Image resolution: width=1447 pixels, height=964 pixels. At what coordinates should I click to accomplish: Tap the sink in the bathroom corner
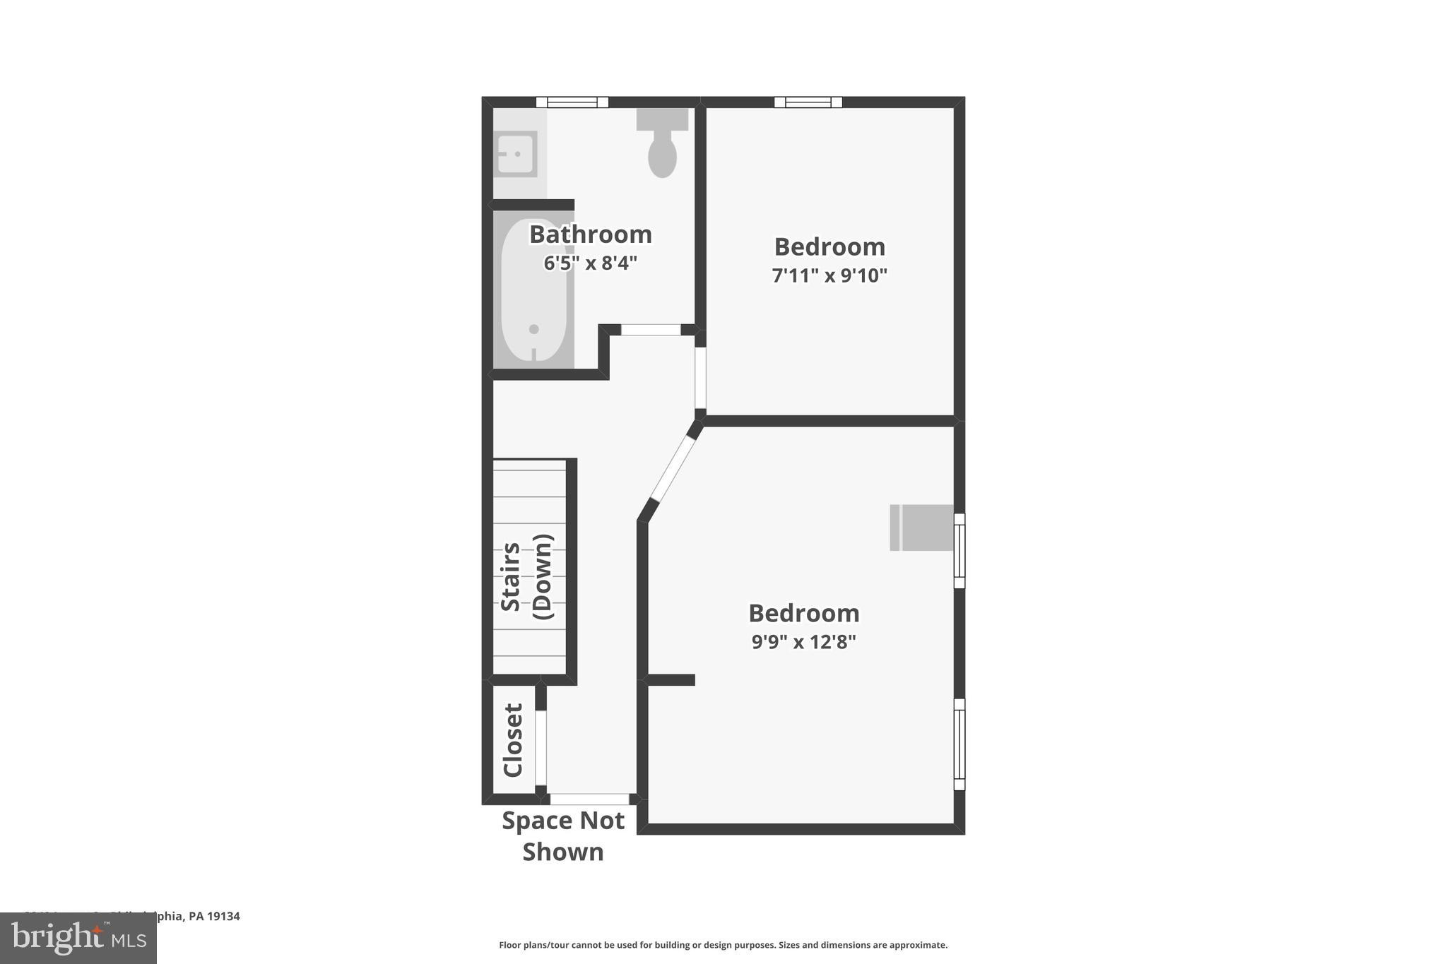tap(515, 154)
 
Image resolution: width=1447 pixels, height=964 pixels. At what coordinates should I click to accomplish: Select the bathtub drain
tap(534, 329)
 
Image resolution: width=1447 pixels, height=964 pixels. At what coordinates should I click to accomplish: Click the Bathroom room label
tap(591, 234)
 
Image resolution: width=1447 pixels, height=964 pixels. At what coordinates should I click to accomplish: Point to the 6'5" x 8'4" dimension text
tap(591, 263)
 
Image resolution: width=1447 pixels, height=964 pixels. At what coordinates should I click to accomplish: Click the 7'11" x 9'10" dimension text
tap(829, 275)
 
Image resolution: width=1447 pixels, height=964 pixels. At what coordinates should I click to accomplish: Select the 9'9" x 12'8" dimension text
tap(804, 642)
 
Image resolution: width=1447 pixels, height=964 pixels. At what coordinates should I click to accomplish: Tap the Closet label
tap(513, 739)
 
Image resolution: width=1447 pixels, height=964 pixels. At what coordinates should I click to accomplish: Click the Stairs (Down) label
tap(526, 577)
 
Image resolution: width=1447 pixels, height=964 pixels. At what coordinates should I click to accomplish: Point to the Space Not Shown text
tap(563, 836)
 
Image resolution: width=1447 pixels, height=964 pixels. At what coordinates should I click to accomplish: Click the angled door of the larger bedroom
tap(673, 469)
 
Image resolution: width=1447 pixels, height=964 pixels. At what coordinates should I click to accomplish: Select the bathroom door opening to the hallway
tap(651, 330)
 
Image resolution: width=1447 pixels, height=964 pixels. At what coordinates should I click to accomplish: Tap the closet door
tap(541, 748)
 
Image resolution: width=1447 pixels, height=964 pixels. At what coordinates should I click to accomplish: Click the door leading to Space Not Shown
tap(589, 799)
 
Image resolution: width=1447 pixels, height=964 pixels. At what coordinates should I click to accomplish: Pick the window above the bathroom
tap(572, 102)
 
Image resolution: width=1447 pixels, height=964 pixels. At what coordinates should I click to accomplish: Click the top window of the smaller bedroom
tap(808, 102)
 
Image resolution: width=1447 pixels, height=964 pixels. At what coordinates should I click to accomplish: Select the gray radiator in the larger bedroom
tap(921, 528)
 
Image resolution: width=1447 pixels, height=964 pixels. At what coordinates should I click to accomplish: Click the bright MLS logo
tap(78, 938)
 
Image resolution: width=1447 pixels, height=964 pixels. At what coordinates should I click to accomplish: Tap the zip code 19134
tap(223, 916)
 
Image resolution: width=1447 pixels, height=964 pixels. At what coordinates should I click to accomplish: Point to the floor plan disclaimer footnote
tap(723, 945)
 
